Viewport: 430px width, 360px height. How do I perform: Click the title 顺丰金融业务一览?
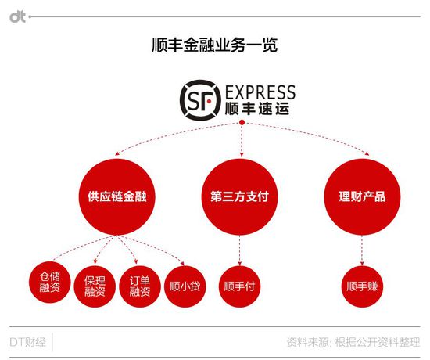pyautogui.click(x=214, y=45)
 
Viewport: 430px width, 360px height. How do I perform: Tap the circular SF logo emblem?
pyautogui.click(x=200, y=100)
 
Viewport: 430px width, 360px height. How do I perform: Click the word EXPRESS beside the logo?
pyautogui.click(x=260, y=92)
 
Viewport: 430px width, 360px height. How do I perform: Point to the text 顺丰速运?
pyautogui.click(x=257, y=109)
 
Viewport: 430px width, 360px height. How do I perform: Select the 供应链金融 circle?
pyautogui.click(x=116, y=196)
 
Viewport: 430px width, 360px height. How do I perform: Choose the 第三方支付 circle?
pyautogui.click(x=239, y=196)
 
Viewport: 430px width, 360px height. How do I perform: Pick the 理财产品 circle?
pyautogui.click(x=362, y=196)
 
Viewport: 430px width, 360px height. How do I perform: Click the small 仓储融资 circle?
pyautogui.click(x=50, y=282)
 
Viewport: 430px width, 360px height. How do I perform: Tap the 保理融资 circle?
pyautogui.click(x=95, y=286)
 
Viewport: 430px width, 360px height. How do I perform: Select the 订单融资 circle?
pyautogui.click(x=140, y=286)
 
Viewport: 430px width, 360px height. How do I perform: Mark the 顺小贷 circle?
pyautogui.click(x=185, y=286)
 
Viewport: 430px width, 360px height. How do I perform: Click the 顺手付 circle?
pyautogui.click(x=239, y=286)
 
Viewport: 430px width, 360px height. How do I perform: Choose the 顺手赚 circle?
pyautogui.click(x=362, y=286)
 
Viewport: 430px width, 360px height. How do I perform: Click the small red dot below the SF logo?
pyautogui.click(x=242, y=122)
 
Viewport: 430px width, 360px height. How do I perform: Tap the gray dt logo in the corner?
pyautogui.click(x=18, y=17)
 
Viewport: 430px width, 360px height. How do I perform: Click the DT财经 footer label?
pyautogui.click(x=27, y=342)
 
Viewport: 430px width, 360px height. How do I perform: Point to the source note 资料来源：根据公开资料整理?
pyautogui.click(x=353, y=342)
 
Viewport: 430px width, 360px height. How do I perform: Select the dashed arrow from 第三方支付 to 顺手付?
pyautogui.click(x=240, y=250)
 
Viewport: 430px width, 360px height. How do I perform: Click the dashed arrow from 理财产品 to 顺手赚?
pyautogui.click(x=362, y=250)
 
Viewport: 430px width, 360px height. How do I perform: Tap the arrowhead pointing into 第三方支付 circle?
pyautogui.click(x=242, y=154)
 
